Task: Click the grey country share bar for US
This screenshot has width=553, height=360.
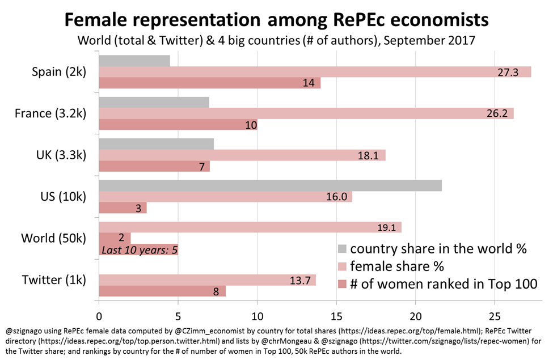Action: tap(270, 185)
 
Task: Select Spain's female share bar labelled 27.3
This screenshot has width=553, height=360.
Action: tap(315, 72)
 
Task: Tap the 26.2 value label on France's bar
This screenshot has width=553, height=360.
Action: tap(496, 113)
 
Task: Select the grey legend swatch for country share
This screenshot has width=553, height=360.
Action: tap(341, 249)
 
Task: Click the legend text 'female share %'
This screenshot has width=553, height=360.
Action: tap(397, 266)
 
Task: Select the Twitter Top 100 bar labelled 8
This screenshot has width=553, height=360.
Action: tap(162, 291)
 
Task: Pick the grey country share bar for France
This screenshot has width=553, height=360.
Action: tap(154, 103)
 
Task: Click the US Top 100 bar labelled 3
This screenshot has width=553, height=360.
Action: tap(123, 207)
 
